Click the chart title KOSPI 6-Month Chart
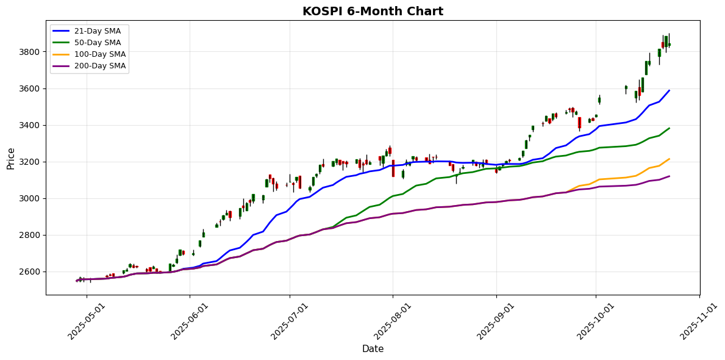coord(373,12)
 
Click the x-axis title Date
coord(373,349)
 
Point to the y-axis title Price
coord(11,157)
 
